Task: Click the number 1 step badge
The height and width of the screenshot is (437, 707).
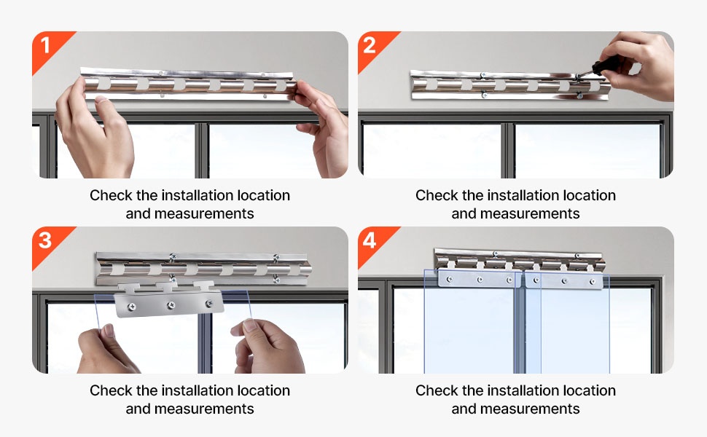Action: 45,45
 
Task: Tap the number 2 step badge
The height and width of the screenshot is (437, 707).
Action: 370,45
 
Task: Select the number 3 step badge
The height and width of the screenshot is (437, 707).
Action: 45,240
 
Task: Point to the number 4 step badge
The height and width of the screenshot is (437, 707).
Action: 370,240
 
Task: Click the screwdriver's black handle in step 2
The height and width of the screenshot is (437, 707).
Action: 603,67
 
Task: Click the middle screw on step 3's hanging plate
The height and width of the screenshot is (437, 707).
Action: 171,305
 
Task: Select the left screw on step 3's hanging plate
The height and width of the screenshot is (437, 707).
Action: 132,307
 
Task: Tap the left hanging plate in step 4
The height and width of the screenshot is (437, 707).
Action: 480,280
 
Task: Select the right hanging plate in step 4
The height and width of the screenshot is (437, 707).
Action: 564,280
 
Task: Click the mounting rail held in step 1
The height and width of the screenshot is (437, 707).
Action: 189,84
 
